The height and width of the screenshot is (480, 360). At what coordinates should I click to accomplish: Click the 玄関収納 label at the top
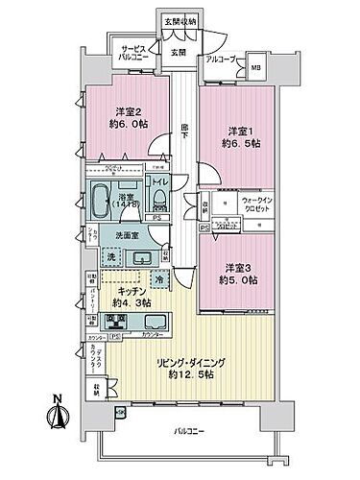pyautogui.click(x=180, y=21)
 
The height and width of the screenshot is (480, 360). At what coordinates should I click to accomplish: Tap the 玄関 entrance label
pyautogui.click(x=179, y=53)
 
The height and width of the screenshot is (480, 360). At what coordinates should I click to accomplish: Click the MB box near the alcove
pyautogui.click(x=254, y=68)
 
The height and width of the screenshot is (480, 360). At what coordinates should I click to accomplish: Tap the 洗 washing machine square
pyautogui.click(x=111, y=259)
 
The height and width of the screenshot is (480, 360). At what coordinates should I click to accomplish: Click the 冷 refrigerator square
pyautogui.click(x=158, y=279)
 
